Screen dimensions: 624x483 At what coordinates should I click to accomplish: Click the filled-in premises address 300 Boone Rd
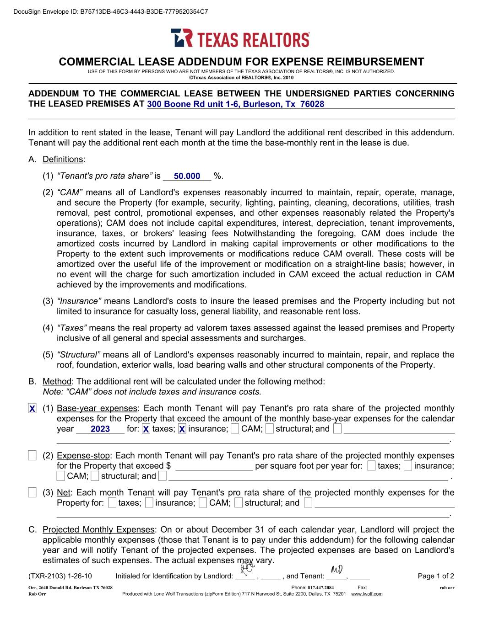pos(235,104)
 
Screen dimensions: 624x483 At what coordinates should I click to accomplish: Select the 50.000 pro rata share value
pos(187,176)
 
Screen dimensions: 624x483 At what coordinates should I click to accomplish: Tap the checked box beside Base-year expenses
pos(32,409)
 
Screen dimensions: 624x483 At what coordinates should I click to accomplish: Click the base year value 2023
pos(100,429)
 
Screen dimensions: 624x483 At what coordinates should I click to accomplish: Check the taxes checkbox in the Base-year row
pos(146,429)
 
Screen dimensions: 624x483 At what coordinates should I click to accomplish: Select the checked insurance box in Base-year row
pos(182,429)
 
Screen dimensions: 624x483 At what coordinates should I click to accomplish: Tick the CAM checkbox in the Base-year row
pos(235,429)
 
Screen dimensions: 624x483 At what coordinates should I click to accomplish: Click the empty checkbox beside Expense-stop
pos(32,455)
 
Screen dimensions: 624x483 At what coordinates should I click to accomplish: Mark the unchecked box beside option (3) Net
pos(32,493)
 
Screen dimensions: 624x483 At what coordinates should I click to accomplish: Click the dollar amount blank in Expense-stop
pos(214,466)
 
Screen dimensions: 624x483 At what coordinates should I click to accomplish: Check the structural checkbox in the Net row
pos(238,503)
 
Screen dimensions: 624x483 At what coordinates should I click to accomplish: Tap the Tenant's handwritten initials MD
pos(336,570)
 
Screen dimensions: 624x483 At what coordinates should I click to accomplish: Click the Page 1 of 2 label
pos(436,576)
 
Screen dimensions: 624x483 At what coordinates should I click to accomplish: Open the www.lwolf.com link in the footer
pos(366,594)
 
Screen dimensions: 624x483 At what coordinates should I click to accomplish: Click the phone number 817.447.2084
pos(320,587)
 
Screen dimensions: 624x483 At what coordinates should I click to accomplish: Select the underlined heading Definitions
pos(63,160)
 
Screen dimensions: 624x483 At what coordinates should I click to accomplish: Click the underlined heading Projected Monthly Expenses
pos(98,530)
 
